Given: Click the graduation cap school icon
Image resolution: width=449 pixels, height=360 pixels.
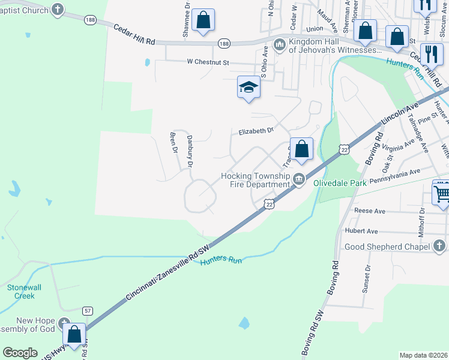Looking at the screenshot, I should click(x=249, y=88).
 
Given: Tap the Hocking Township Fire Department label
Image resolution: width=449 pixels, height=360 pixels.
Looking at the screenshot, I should click(x=256, y=180).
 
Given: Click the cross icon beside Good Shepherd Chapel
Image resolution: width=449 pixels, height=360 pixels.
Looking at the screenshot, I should click(x=439, y=246).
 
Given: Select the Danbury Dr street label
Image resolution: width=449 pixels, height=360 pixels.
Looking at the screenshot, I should click(x=190, y=151).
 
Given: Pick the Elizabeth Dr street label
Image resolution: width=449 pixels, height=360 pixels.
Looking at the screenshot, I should click(x=256, y=131).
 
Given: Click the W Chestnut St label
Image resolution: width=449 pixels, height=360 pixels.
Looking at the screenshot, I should click(x=208, y=61).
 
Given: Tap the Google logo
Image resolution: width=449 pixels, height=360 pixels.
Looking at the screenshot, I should click(x=20, y=353).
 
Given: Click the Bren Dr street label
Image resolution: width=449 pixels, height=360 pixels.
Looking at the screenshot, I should click(x=175, y=142).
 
